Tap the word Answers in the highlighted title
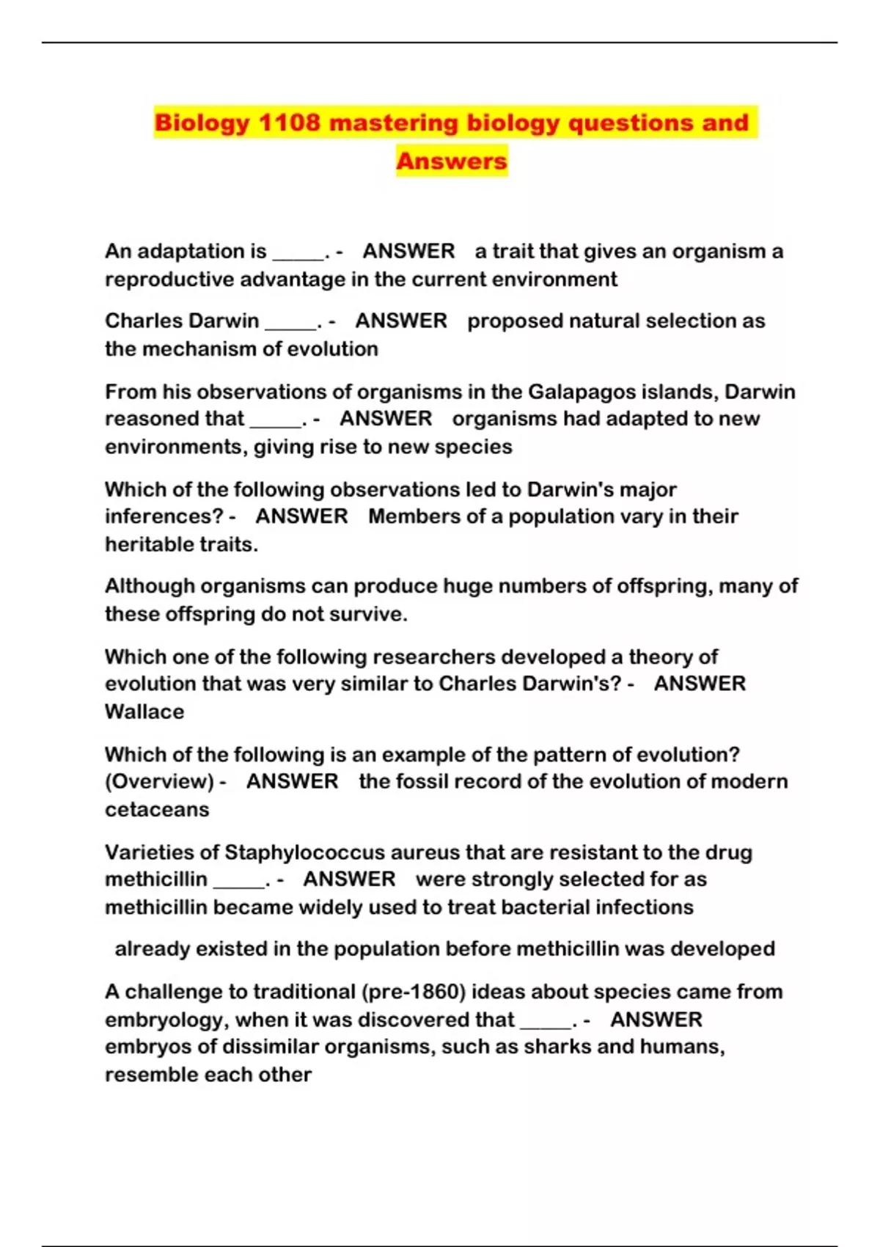tap(452, 161)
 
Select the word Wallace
tap(144, 712)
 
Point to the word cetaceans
tap(157, 810)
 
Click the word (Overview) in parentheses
tap(159, 781)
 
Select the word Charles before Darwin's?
tap(477, 684)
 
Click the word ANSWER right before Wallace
tap(700, 684)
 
